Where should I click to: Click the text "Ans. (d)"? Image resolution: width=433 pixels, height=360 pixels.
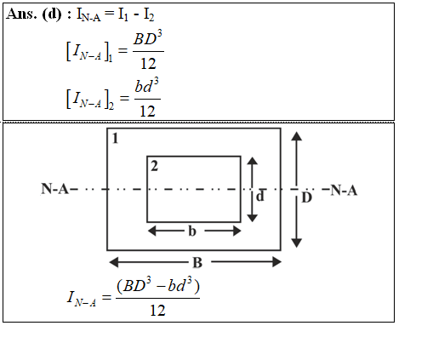pos(34,14)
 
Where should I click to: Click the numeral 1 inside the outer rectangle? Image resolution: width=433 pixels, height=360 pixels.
pos(115,139)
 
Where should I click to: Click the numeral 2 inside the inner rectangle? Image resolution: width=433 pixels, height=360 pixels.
pos(154,166)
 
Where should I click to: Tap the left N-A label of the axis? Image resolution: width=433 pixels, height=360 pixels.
pos(55,189)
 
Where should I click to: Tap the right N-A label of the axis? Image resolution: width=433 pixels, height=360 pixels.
pos(344,190)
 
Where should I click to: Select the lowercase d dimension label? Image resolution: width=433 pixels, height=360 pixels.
pos(260,196)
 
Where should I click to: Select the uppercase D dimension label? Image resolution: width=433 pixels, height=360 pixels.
pos(306,197)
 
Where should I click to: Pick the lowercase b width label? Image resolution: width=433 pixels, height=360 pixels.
pos(192,231)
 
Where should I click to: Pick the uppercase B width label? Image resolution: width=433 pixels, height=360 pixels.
pos(197,262)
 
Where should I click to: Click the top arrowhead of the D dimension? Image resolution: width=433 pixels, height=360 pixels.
pos(297,136)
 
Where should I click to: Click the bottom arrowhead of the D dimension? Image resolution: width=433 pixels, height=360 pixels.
pos(297,243)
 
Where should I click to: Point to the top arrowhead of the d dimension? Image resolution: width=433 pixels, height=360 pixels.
pos(253,161)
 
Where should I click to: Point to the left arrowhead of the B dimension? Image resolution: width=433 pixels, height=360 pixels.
pos(114,262)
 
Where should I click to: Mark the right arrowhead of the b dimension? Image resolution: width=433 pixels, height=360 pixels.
pos(236,231)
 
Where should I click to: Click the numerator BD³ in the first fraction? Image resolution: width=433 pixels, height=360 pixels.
pos(148,38)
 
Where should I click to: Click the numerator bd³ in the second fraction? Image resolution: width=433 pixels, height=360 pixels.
pos(146,85)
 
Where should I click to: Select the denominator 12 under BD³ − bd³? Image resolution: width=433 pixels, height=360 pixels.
pos(157,311)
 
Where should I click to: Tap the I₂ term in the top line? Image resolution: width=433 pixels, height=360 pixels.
pos(149,14)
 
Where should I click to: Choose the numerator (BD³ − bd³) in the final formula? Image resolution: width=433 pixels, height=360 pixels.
pos(158,286)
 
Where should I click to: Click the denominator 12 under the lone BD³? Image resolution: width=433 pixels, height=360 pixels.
pos(148,64)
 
